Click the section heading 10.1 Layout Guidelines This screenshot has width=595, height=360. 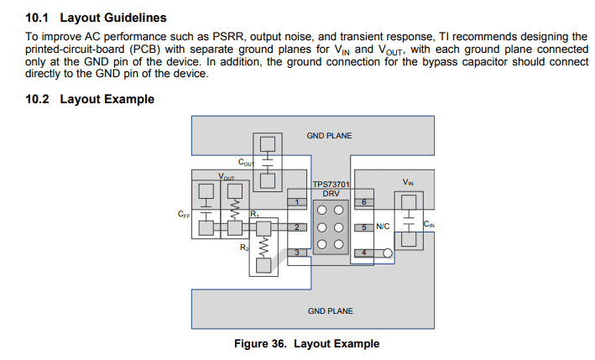[x=96, y=18]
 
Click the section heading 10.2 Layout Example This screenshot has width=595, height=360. [x=91, y=99]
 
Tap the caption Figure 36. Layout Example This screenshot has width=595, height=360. [x=306, y=344]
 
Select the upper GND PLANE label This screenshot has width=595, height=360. [x=330, y=135]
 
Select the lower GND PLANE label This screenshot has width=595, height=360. [x=330, y=311]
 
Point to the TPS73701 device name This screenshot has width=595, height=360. [x=331, y=184]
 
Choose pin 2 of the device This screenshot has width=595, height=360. [x=297, y=227]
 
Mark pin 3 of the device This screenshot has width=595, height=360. [x=297, y=253]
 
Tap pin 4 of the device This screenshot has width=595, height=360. [x=363, y=253]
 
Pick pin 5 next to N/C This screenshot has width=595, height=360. [x=363, y=227]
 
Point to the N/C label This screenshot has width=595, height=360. [x=383, y=227]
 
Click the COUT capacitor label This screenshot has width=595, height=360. [x=247, y=163]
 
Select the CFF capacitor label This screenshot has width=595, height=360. [x=184, y=215]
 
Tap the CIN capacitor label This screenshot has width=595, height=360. [x=429, y=224]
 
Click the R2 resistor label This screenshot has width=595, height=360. [x=244, y=248]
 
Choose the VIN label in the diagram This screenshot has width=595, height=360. [x=408, y=182]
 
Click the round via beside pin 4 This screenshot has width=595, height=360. [x=388, y=253]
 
